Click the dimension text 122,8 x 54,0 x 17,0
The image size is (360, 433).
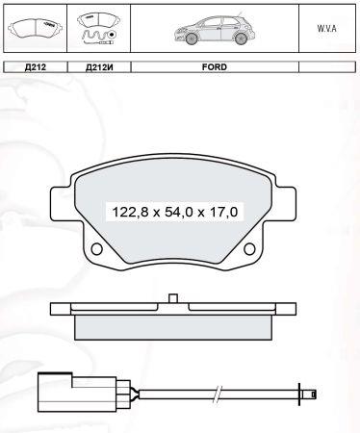click(x=168, y=209)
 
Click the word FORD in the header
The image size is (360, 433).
click(x=214, y=68)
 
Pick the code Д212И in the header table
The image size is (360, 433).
click(x=99, y=68)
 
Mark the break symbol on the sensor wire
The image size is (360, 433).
click(x=222, y=392)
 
